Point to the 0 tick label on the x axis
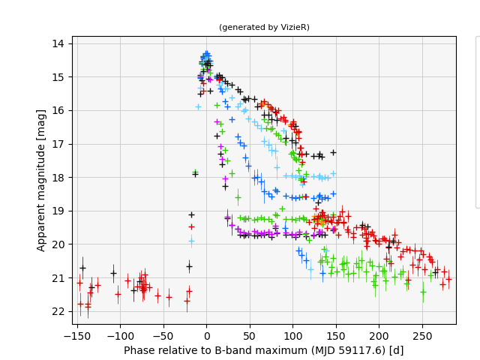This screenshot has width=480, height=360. coord(207,337)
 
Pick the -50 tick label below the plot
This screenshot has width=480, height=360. coord(163,337)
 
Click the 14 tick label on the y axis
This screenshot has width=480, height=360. coord(58,43)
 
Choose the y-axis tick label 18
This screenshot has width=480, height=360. coord(58,177)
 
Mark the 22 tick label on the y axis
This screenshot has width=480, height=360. coord(58,311)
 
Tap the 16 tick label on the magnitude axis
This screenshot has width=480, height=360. coord(58,110)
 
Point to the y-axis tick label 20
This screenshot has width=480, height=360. coord(58,244)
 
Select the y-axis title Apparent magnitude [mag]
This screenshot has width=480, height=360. coord(42,180)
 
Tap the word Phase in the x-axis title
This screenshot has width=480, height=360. coord(139,350)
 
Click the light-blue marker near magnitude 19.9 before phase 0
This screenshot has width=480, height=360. coord(191,241)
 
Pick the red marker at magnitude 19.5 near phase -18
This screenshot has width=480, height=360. coord(191,226)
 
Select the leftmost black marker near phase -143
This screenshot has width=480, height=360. coord(82,268)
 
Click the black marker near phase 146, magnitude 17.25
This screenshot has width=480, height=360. coord(333,152)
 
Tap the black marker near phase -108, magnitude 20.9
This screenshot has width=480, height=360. coord(113,273)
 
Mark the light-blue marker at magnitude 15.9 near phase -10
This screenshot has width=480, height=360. coord(198,106)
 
